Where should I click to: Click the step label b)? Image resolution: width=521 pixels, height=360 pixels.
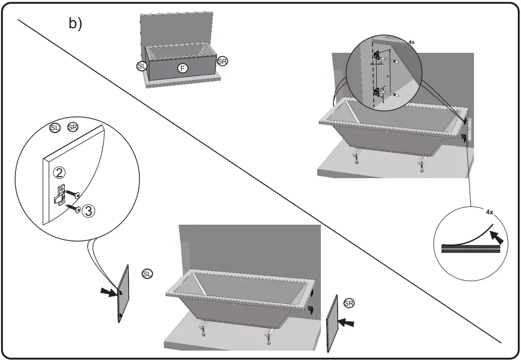coord(75,24)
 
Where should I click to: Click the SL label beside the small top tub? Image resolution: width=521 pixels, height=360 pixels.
coord(141,66)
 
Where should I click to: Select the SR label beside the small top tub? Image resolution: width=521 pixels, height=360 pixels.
coord(223,61)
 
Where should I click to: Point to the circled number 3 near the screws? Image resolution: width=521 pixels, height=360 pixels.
coord(89,211)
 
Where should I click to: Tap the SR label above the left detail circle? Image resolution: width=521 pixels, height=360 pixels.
coord(73,127)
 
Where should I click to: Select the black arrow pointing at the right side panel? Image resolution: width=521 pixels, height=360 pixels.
coord(346,323)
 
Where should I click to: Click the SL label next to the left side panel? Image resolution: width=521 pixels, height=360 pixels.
coord(147,274)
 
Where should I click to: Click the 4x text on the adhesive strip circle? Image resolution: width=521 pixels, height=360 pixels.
coord(489,213)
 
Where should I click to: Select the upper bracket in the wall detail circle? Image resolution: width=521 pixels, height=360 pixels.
coord(377,55)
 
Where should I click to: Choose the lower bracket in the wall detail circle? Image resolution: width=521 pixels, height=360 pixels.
coord(377,93)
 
